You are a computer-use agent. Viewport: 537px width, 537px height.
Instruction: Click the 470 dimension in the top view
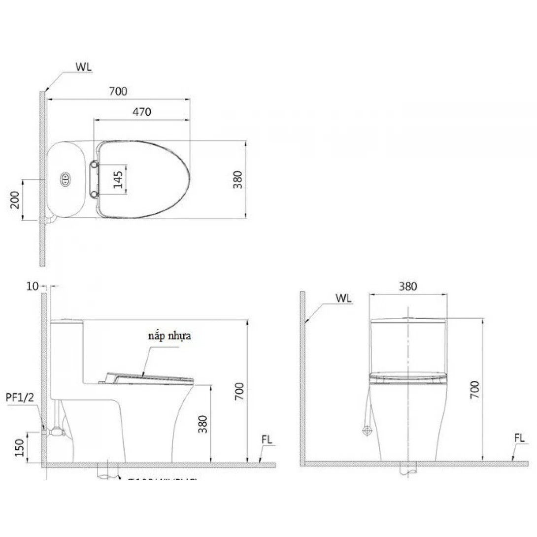pyautogui.click(x=141, y=112)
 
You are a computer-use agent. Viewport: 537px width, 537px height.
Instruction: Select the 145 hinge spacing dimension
pyautogui.click(x=117, y=180)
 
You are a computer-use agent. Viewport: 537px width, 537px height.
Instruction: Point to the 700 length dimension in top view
pyautogui.click(x=118, y=91)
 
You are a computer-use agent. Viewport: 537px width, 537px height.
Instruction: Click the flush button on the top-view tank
pyautogui.click(x=66, y=180)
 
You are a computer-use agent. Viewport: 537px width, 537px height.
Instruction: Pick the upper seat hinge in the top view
pyautogui.click(x=94, y=164)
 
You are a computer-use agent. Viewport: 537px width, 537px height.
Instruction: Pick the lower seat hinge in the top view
pyautogui.click(x=94, y=195)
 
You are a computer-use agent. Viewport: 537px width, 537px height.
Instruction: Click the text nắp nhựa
pyautogui.click(x=168, y=336)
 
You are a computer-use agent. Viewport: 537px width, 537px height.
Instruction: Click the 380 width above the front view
pyautogui.click(x=408, y=286)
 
